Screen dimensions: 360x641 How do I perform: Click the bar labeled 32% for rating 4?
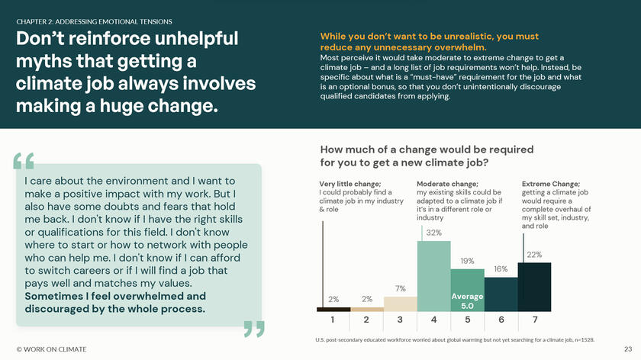coord(433,275)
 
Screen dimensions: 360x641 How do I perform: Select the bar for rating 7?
coord(534,287)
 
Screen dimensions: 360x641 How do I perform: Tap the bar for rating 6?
coord(501,294)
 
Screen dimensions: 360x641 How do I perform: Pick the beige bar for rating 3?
coord(400,304)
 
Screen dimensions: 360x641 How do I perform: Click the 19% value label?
coord(467,261)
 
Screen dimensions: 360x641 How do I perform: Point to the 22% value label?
coord(534,255)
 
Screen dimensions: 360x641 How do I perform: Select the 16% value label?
coord(501,269)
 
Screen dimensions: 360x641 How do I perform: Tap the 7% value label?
coord(400,288)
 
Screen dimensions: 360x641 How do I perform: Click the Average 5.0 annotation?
coord(467,301)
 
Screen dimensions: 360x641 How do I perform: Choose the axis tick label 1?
coord(333,320)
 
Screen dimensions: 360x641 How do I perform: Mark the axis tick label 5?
coord(467,320)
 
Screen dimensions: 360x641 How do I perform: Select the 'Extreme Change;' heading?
coord(550,184)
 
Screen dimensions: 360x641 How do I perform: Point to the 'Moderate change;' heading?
coord(447,184)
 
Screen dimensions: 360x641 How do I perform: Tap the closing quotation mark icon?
coord(254,329)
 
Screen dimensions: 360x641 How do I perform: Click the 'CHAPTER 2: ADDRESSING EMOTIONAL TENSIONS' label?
coord(94,21)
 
